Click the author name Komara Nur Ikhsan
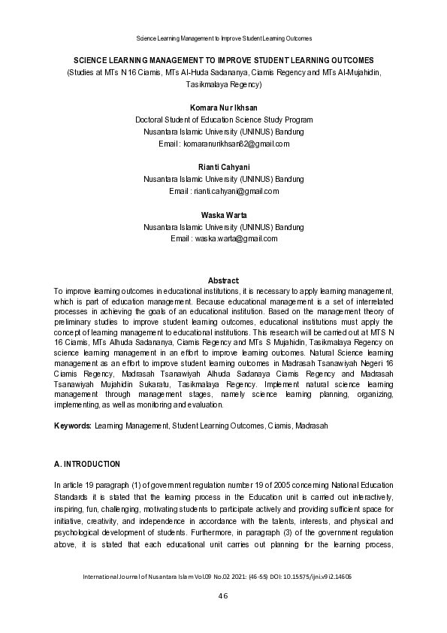point(223,108)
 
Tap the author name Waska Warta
point(223,215)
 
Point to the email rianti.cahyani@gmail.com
point(236,191)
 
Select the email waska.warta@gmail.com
point(236,238)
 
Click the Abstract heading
point(223,280)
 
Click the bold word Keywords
point(73,426)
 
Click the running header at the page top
point(223,38)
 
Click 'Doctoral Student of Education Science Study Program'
point(223,120)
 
